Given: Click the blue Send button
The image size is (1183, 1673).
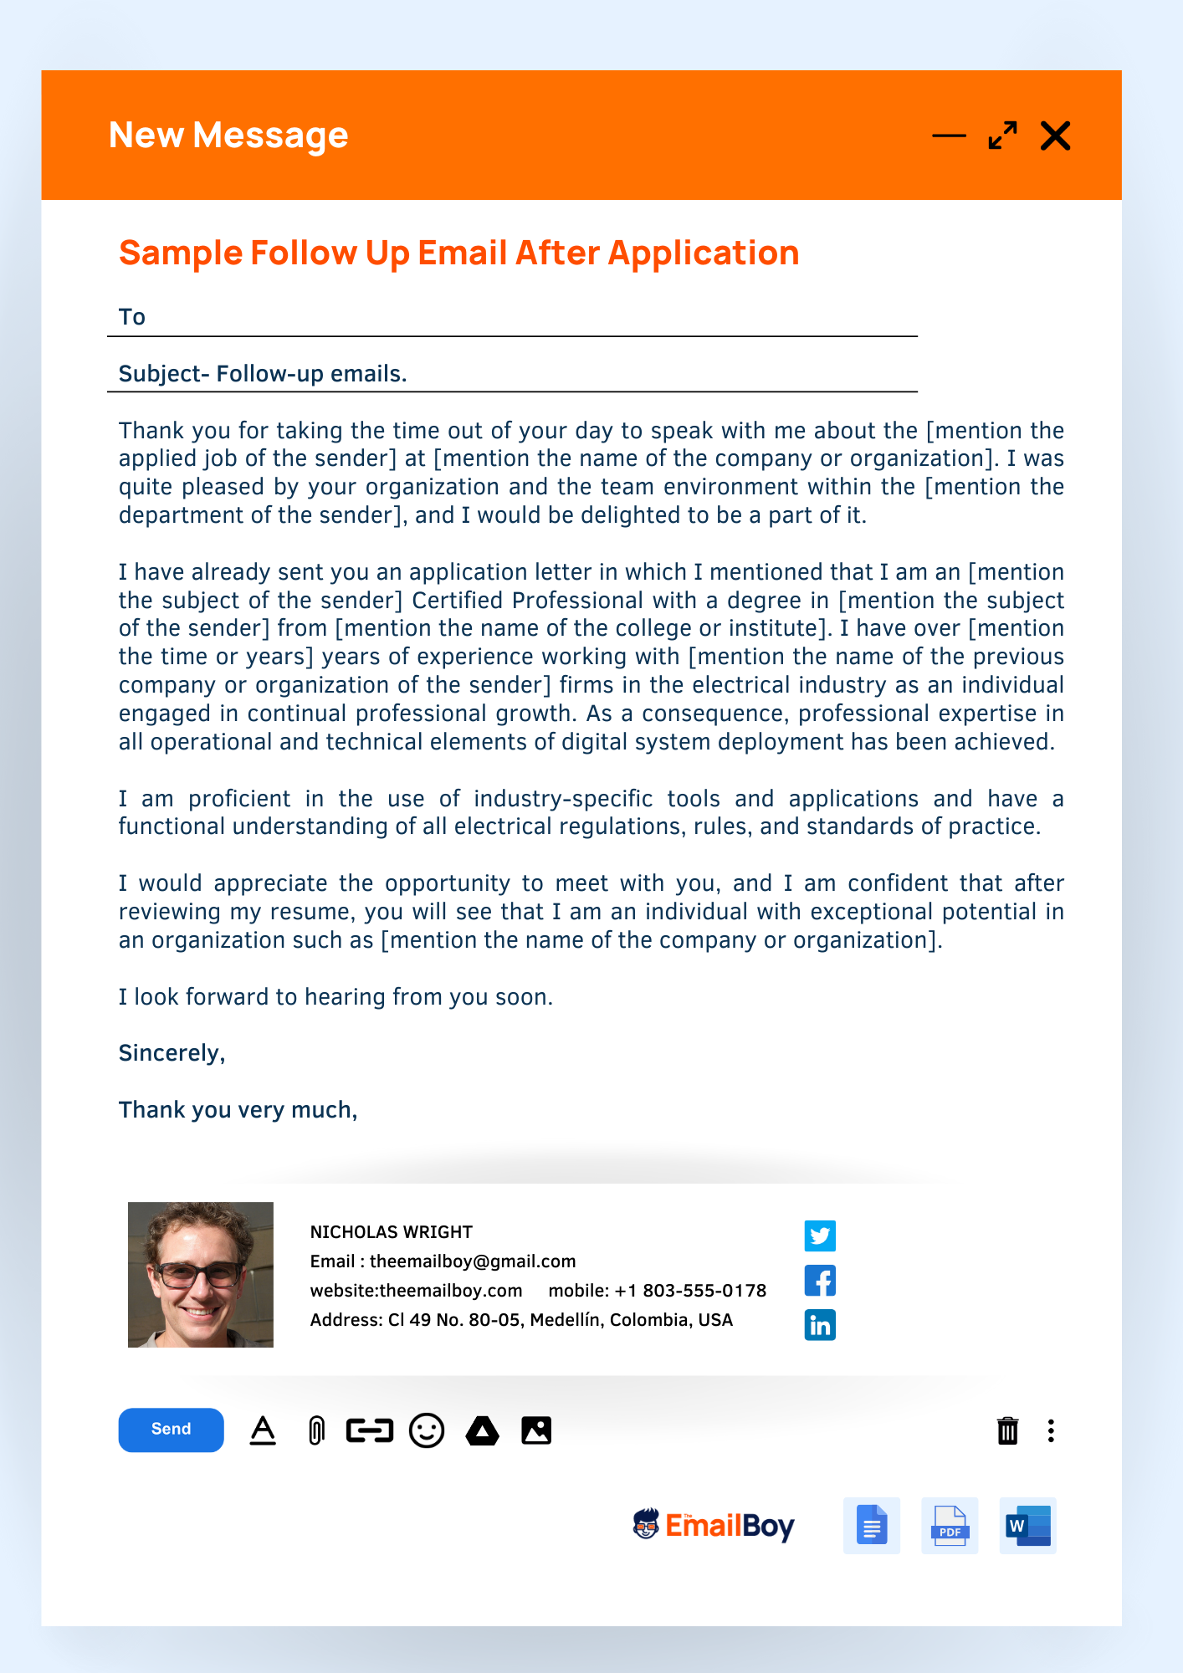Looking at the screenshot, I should [x=171, y=1430].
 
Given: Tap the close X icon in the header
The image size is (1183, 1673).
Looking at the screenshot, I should [x=1055, y=136].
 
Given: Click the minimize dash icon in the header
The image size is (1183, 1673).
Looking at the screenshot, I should [x=949, y=136].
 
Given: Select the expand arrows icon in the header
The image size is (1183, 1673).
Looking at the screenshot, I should [x=1002, y=136].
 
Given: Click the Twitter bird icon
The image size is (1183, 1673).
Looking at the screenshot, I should [x=820, y=1236].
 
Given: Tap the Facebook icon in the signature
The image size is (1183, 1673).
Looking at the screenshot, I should [x=820, y=1281].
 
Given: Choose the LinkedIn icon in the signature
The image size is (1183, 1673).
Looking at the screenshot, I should [x=820, y=1325].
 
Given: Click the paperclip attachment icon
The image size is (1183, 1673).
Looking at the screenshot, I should [x=316, y=1430].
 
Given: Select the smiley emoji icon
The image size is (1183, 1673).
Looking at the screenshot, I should [x=427, y=1430].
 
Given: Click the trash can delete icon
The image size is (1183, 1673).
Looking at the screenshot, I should [x=1007, y=1430].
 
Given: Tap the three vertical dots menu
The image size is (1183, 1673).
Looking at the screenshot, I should [x=1051, y=1430].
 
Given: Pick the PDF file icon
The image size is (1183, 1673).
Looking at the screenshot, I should [x=950, y=1526].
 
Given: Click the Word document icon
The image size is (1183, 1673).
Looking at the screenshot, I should [x=1027, y=1526].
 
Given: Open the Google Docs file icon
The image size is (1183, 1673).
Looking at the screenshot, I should [x=872, y=1526].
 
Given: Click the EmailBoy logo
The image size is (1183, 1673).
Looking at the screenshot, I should [x=714, y=1525].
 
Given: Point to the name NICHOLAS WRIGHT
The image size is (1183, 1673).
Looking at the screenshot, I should [x=391, y=1232].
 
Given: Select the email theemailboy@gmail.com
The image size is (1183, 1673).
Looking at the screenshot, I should [x=473, y=1261].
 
